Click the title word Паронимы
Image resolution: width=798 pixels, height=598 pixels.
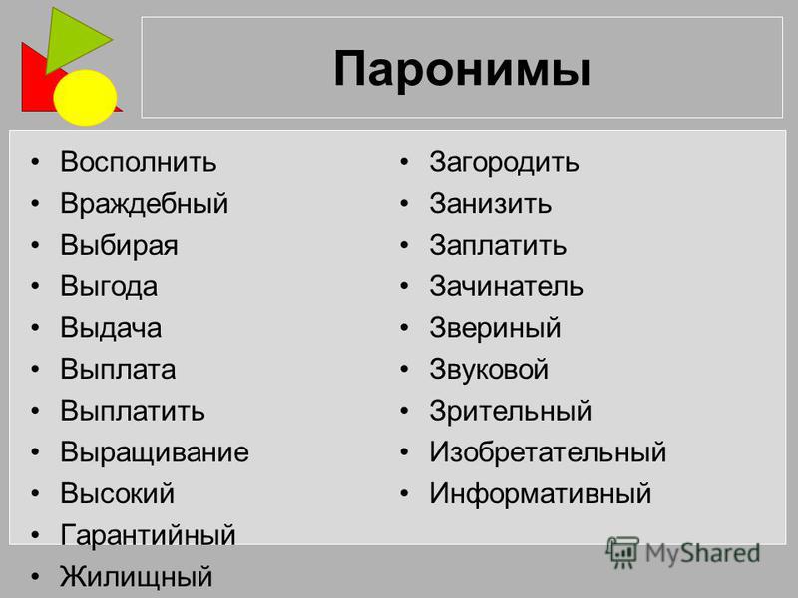462,69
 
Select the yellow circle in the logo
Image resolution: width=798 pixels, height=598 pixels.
85,97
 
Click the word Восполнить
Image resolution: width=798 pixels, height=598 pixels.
139,162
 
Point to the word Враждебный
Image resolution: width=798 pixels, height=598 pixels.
145,204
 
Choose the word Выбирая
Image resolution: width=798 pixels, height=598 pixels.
119,245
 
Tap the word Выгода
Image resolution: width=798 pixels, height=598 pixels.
109,286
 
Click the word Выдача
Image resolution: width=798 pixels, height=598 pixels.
111,328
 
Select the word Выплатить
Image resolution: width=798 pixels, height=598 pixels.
133,411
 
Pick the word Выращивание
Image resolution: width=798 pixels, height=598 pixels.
155,452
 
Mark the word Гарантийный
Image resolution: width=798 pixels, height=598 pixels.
148,535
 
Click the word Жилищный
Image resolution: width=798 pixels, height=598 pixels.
137,577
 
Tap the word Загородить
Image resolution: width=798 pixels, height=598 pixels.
504,163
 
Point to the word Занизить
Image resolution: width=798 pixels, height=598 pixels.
490,204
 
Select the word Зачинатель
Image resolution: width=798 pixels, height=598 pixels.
506,286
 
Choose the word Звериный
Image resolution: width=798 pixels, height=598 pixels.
495,328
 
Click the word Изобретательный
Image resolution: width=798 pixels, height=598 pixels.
548,452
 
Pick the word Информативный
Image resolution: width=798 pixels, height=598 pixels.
540,493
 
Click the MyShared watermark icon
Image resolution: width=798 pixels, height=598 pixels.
621,552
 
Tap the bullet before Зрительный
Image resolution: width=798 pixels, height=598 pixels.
405,411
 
